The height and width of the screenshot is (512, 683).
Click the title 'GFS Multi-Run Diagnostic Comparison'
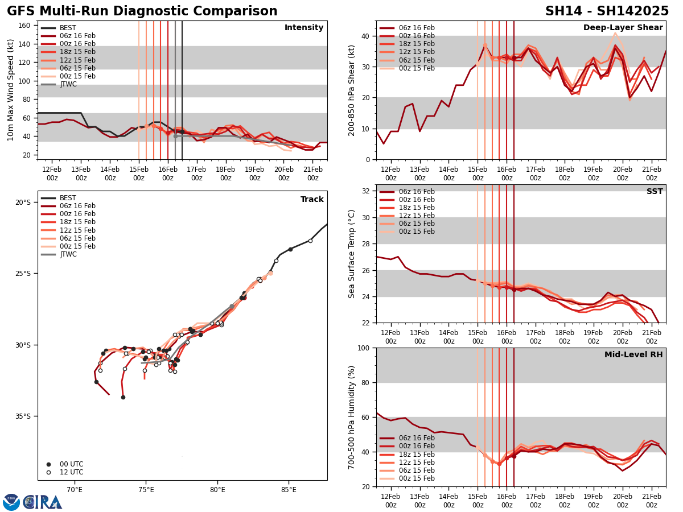pyautogui.click(x=142, y=11)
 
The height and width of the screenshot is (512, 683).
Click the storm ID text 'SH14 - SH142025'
pyautogui.click(x=607, y=11)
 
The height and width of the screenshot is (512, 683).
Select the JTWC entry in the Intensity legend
pyautogui.click(x=68, y=84)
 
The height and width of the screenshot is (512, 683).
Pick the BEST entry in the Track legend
pyautogui.click(x=68, y=198)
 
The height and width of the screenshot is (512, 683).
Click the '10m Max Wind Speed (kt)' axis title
pyautogui.click(x=11, y=90)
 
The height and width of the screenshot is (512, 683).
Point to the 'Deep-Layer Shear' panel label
pyautogui.click(x=623, y=28)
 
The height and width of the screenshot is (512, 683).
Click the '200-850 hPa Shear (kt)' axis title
pyautogui.click(x=352, y=90)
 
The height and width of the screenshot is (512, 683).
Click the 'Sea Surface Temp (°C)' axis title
pyautogui.click(x=352, y=254)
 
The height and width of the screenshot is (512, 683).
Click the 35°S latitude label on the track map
pyautogui.click(x=23, y=416)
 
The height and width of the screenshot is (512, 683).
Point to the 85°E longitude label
pyautogui.click(x=289, y=489)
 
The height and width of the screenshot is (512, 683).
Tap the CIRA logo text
pyautogui.click(x=43, y=502)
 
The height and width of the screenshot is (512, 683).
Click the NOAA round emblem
pyautogui.click(x=11, y=502)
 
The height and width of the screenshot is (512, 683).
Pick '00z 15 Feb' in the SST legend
pyautogui.click(x=416, y=232)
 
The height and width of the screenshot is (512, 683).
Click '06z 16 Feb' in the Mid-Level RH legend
pyautogui.click(x=416, y=438)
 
